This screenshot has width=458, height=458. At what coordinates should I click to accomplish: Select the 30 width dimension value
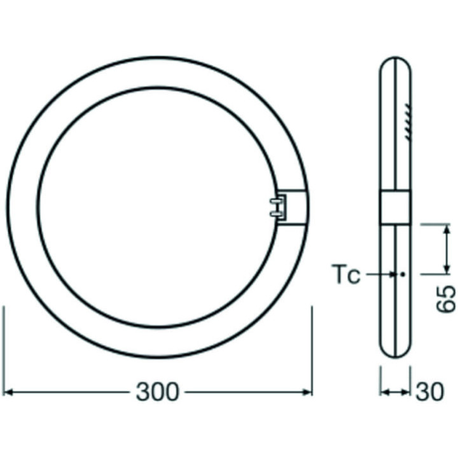pyautogui.click(x=430, y=392)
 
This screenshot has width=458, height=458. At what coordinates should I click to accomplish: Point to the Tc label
pyautogui.click(x=346, y=275)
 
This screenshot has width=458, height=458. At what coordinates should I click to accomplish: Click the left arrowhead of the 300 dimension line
pyautogui.click(x=10, y=392)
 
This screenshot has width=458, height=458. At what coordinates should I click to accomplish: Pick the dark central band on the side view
pyautogui.click(x=395, y=208)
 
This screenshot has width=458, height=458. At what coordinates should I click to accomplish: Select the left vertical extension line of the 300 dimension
pyautogui.click(x=5, y=350)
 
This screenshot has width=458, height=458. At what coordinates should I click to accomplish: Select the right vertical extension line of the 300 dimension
pyautogui.click(x=312, y=350)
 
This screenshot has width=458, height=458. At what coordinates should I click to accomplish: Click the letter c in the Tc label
pyautogui.click(x=354, y=277)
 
